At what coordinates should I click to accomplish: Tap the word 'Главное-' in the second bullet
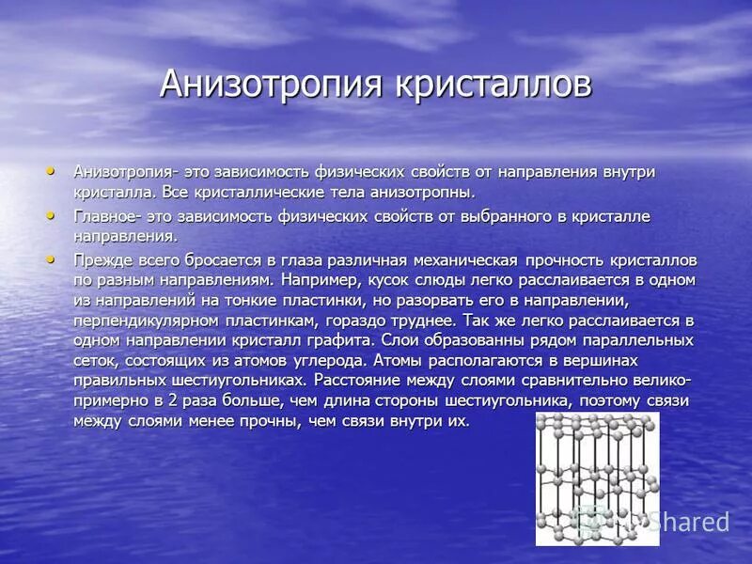coord(106,216)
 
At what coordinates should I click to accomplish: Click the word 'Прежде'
coord(100,259)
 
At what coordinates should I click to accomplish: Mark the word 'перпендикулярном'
coord(142,321)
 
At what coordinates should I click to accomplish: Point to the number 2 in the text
coord(171,401)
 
